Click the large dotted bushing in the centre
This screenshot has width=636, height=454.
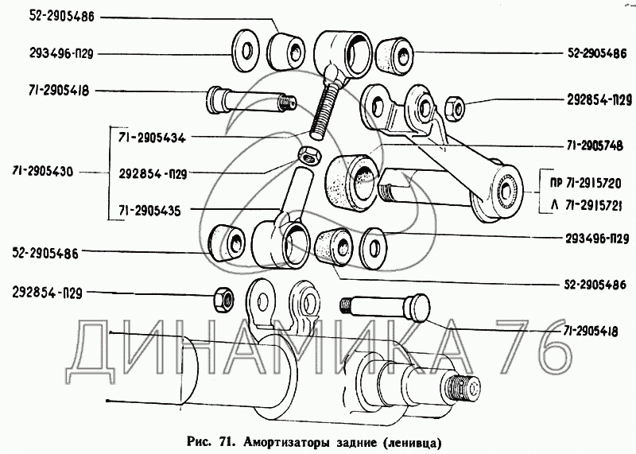[x=354, y=180]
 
